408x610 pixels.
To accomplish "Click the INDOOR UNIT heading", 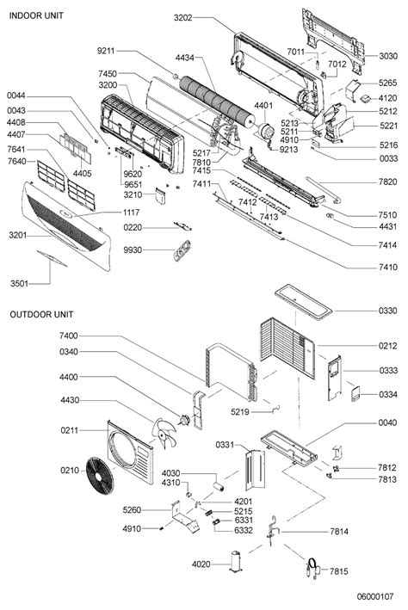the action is [36, 15].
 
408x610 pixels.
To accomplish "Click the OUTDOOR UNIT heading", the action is [41, 314].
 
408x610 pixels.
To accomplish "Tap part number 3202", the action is [183, 17].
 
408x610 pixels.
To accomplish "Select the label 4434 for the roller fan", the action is [185, 58].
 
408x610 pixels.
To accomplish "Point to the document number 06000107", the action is [375, 596].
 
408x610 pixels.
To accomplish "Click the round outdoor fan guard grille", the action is [100, 476].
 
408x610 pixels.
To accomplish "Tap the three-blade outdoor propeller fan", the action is [164, 433].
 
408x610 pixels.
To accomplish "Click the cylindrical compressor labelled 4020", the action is [237, 561].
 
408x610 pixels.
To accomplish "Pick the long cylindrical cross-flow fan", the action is [217, 102].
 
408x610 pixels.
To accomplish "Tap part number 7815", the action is [338, 571].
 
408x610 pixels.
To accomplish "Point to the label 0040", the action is [387, 422].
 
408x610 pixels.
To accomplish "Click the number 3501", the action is [20, 284].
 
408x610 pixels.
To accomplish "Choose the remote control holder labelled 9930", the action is [182, 250].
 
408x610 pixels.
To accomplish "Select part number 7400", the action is [69, 336].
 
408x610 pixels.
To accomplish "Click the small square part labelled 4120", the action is [365, 98].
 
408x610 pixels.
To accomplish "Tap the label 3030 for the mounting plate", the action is [388, 56].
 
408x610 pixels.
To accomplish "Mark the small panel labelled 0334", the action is [355, 394].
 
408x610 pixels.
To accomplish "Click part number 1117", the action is [131, 213].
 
